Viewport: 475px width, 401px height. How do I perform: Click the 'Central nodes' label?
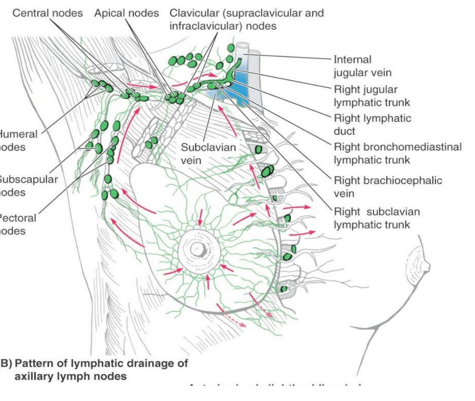click(47, 13)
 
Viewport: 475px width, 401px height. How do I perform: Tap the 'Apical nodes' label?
click(127, 13)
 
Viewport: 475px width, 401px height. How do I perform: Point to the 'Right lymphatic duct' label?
click(372, 124)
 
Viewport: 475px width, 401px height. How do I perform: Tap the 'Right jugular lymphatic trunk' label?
click(372, 96)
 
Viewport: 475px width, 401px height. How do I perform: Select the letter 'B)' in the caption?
click(7, 363)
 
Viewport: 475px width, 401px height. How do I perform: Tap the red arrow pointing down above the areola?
click(200, 217)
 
